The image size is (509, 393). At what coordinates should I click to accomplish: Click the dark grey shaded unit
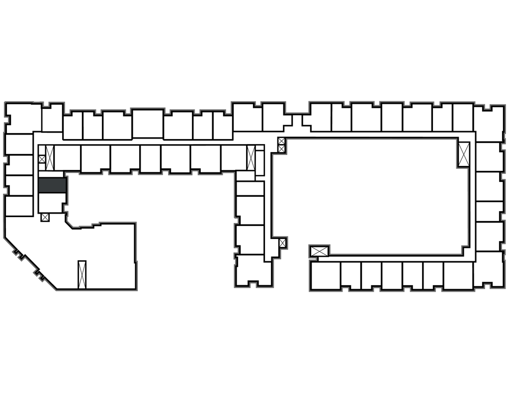pos(52,185)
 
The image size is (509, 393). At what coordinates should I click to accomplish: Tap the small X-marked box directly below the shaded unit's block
pos(45,217)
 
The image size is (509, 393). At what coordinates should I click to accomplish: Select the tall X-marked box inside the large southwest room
pos(82,274)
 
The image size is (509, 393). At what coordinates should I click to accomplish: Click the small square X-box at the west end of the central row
pos(42,159)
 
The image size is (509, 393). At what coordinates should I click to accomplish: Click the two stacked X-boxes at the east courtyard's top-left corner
pos(282,145)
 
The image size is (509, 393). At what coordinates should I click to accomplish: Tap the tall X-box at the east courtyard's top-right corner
pos(464,154)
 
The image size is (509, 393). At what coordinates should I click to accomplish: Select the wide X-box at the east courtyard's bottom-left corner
pos(319,251)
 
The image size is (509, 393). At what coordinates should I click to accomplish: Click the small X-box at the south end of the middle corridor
pos(282,243)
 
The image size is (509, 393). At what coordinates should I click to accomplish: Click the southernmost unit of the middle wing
pos(254,270)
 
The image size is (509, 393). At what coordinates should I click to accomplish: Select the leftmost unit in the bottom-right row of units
pos(325,276)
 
